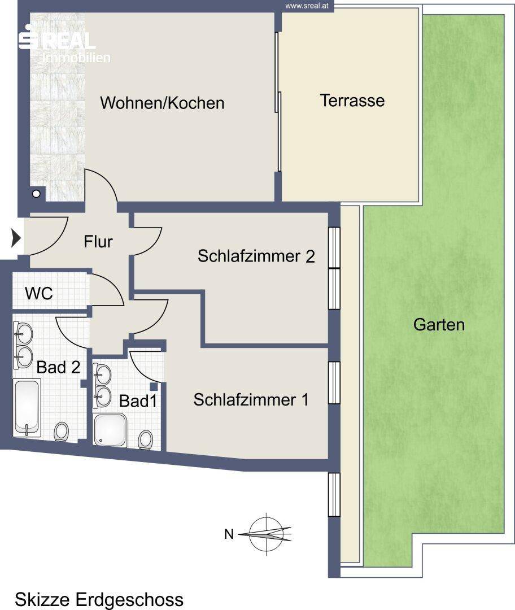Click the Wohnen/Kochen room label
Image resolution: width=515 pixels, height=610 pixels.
click(x=162, y=103)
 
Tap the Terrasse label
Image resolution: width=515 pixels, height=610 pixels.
click(x=352, y=101)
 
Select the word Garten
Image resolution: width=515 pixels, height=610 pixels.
click(x=439, y=324)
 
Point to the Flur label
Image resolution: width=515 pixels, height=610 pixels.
click(x=98, y=242)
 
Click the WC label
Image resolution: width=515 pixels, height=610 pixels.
click(x=39, y=293)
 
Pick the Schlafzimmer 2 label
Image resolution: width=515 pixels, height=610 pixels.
click(x=256, y=256)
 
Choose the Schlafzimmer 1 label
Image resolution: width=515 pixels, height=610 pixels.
click(x=251, y=400)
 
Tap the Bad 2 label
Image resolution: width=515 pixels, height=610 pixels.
click(x=58, y=367)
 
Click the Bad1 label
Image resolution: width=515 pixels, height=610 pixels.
click(x=138, y=401)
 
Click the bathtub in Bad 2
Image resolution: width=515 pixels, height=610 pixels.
click(x=27, y=408)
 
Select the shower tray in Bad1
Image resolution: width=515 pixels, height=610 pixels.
click(x=111, y=429)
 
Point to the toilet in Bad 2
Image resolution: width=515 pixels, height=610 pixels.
click(x=62, y=432)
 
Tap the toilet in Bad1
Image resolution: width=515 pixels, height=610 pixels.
click(x=146, y=440)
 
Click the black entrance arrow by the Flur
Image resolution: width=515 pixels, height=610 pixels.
click(x=16, y=238)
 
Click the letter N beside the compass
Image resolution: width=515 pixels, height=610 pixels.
click(x=229, y=534)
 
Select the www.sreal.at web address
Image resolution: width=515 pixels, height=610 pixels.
click(x=307, y=6)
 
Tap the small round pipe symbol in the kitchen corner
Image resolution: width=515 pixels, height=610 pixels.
click(x=36, y=193)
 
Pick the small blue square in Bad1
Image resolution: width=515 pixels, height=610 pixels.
click(x=154, y=386)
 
